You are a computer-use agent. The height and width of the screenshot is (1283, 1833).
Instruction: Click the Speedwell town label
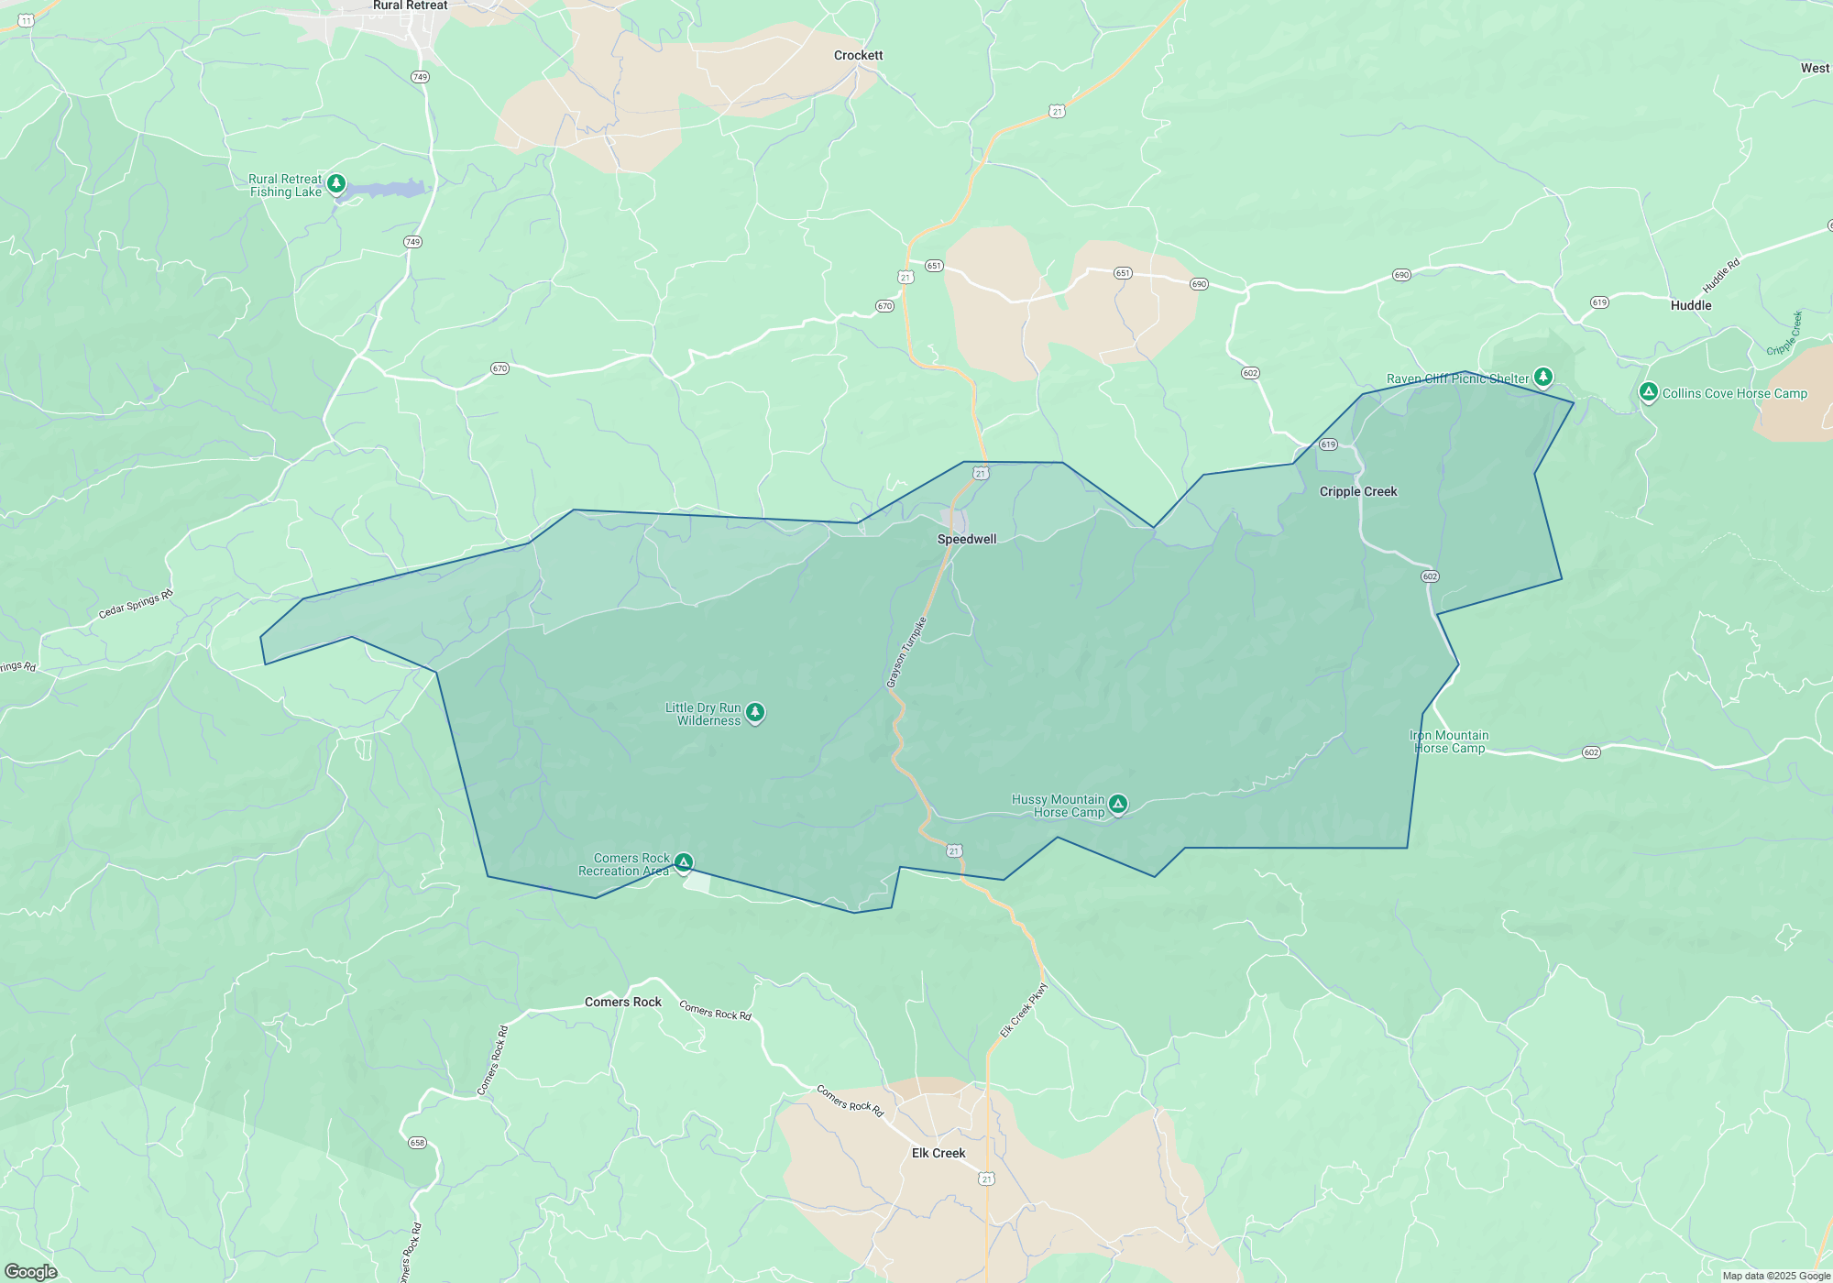(966, 539)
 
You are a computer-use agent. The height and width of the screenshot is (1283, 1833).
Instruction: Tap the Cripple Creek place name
(1357, 491)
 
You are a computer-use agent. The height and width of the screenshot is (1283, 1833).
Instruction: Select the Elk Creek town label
(938, 1153)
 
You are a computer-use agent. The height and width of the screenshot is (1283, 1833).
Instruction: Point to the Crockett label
(858, 55)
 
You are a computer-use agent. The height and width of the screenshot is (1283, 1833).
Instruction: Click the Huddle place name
(1690, 305)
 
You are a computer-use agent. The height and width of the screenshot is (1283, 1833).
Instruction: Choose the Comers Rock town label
(622, 1002)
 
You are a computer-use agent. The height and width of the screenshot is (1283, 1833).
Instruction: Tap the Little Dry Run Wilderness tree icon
(755, 712)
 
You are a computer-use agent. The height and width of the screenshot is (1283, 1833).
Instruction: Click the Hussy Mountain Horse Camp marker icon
(1117, 804)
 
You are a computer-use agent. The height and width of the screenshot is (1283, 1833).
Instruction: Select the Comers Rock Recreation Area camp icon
(684, 862)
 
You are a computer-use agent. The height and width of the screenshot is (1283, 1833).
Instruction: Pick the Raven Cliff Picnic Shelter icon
(1543, 377)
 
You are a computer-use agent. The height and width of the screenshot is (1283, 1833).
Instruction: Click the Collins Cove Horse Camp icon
(1648, 392)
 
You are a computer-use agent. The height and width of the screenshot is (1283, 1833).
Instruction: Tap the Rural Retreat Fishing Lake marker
(336, 184)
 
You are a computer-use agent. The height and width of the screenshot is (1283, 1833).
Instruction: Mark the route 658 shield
(417, 1143)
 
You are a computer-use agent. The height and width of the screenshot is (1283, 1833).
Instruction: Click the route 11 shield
(27, 20)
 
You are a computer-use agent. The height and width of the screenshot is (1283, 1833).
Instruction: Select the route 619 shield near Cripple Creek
(1328, 444)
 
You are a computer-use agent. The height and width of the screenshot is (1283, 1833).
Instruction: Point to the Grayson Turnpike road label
(906, 652)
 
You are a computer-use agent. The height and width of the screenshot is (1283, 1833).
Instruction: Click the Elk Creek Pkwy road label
(1023, 1011)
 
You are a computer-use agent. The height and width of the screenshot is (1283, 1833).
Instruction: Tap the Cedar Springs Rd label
(136, 604)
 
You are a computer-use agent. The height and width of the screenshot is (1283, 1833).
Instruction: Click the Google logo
(31, 1272)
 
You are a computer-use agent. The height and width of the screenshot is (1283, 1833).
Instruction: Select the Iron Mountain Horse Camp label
(1449, 741)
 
